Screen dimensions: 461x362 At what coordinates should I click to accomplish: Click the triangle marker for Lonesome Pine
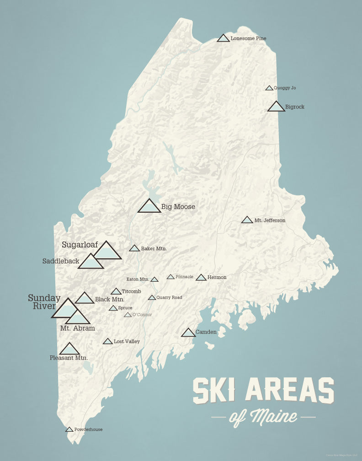(223, 38)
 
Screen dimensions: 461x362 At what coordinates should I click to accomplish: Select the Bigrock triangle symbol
(276, 107)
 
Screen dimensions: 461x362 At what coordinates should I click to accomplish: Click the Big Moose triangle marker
(149, 207)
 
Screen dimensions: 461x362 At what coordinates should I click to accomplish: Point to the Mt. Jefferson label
(270, 220)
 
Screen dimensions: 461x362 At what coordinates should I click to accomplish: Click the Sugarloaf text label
(80, 245)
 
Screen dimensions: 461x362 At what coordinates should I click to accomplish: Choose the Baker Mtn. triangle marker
(134, 248)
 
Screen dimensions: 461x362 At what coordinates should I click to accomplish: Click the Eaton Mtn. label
(138, 279)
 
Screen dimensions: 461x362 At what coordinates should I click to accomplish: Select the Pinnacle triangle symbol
(170, 277)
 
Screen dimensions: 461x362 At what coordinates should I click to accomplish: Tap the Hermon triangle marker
(201, 278)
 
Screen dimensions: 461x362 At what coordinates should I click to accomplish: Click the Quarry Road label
(169, 298)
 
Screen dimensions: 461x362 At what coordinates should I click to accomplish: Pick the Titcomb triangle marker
(116, 292)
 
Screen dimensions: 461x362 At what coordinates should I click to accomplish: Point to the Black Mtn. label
(110, 300)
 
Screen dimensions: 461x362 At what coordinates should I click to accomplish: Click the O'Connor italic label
(142, 315)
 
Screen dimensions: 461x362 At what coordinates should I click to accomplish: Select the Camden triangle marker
(188, 333)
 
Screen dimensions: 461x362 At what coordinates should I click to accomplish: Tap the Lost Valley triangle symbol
(108, 342)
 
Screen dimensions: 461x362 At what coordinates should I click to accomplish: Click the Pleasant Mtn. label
(69, 358)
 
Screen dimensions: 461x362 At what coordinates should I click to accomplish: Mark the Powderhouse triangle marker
(69, 430)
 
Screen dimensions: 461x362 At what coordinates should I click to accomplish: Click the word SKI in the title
(215, 391)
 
